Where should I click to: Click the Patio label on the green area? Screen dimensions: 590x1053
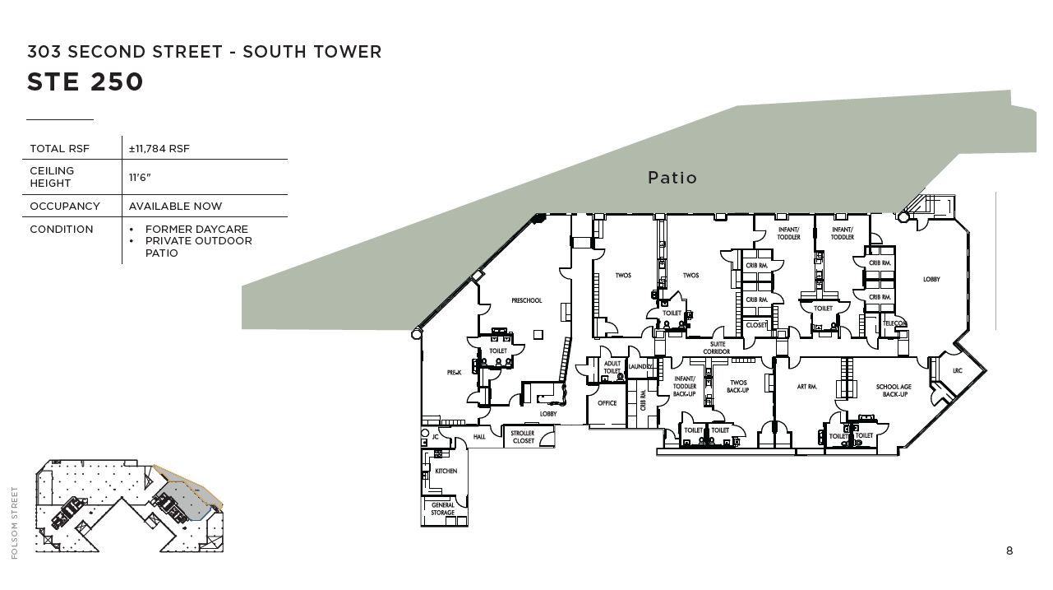coord(672,178)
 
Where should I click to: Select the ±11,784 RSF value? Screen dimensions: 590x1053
coord(159,149)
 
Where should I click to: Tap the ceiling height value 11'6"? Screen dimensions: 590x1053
coord(140,177)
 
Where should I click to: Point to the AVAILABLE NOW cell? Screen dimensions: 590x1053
coord(175,207)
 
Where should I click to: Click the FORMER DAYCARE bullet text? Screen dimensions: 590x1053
coord(196,230)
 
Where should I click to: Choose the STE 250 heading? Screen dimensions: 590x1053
coord(85,82)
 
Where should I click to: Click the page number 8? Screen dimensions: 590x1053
coord(1009,551)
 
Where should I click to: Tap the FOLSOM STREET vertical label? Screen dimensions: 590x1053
coord(14,523)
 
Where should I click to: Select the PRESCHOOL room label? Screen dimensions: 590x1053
coord(526,300)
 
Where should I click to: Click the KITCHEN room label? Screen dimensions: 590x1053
coord(446,472)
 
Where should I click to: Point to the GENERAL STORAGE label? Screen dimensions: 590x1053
coord(442,509)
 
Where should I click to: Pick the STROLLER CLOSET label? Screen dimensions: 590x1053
coord(522,437)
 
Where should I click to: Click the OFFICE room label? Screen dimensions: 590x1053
coord(607,403)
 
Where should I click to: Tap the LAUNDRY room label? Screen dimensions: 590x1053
coord(640,366)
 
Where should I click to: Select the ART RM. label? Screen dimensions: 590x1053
coord(806,387)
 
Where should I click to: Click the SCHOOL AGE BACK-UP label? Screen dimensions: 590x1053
coord(894,391)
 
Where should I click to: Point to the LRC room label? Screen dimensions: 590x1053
coord(957,371)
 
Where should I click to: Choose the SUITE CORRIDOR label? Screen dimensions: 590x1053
coord(717,348)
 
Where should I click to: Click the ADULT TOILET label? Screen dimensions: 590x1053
coord(612,367)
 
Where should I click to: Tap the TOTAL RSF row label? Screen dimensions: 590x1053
coord(59,149)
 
